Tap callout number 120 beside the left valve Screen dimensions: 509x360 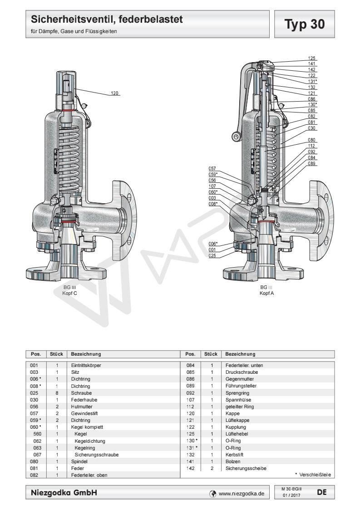pos(115,93)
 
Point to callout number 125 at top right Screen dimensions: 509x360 pos(311,59)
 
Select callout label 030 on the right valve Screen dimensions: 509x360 pos(311,128)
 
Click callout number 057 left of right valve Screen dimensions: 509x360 pos(212,168)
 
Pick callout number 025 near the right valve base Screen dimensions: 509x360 pos(212,255)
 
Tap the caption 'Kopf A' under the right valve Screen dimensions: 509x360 pos(266,293)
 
